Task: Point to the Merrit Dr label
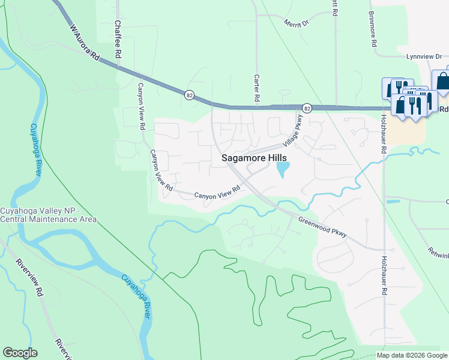click(296, 22)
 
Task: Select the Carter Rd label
click(256, 87)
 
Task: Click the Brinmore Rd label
click(373, 29)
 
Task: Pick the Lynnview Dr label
click(424, 56)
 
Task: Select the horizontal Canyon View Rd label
click(217, 193)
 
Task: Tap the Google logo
click(20, 353)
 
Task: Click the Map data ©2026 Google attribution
click(412, 355)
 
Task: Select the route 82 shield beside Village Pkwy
click(307, 108)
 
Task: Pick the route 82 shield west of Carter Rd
click(190, 95)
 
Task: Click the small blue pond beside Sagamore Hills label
click(282, 170)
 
